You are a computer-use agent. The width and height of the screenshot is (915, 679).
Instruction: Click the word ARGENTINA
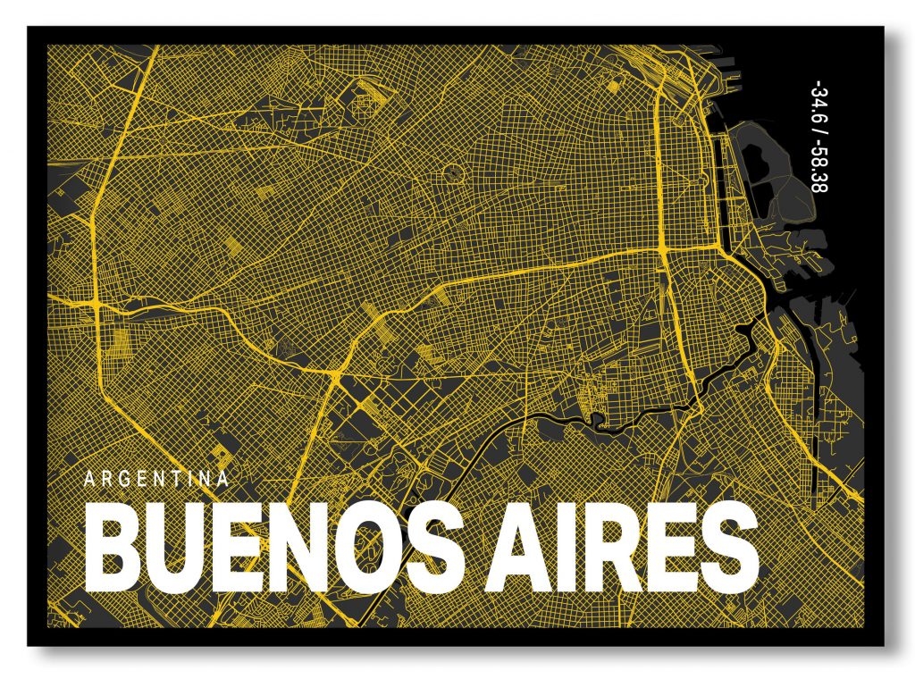156,478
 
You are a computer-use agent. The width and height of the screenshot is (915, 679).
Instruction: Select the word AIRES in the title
624,547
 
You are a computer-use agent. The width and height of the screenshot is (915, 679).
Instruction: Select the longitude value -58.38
815,175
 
